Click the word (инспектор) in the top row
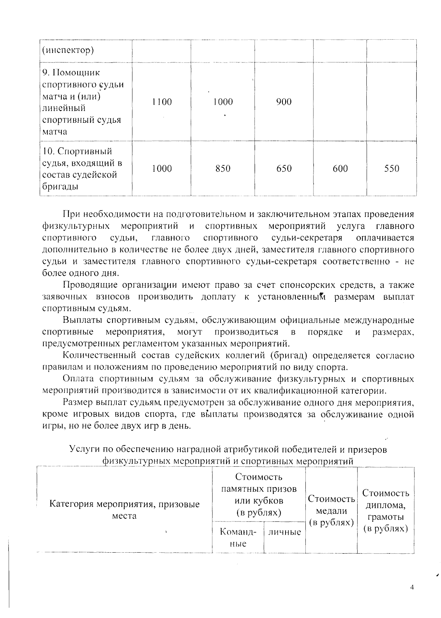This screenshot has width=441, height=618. click(68, 50)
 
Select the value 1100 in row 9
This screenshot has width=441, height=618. click(162, 102)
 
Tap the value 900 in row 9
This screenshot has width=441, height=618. click(284, 102)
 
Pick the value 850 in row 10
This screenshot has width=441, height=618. click(223, 169)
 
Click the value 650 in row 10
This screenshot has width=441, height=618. click(284, 169)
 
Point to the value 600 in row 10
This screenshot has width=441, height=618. click(340, 169)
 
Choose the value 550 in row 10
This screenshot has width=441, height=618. click(391, 169)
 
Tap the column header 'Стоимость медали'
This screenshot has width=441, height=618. click(331, 510)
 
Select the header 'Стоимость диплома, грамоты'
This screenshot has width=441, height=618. click(386, 510)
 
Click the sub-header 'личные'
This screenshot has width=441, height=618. click(284, 532)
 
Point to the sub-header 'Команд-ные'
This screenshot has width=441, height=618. click(238, 538)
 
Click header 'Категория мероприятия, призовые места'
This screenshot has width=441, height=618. click(125, 510)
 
